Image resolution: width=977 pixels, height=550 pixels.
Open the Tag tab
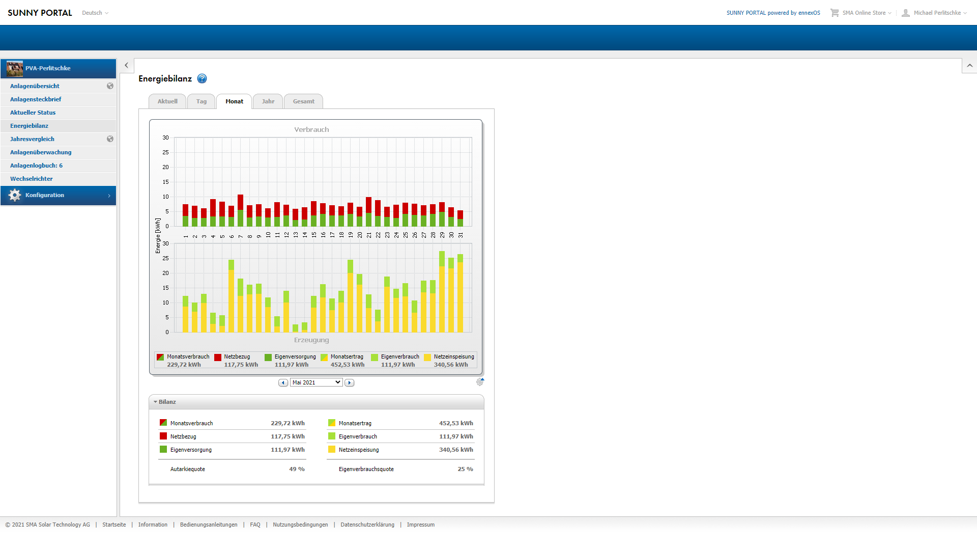(202, 101)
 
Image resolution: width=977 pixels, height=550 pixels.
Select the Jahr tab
(268, 101)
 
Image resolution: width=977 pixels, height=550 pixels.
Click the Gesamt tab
(304, 101)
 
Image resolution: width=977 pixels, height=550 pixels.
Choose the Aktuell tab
(167, 101)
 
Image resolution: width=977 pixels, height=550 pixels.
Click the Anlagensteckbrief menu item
(36, 99)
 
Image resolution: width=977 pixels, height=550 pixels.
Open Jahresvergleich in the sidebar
(32, 139)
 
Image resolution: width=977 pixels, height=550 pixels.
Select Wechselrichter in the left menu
(32, 179)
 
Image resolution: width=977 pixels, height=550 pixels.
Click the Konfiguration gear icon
(15, 195)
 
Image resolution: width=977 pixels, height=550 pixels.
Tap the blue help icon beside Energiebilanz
(202, 78)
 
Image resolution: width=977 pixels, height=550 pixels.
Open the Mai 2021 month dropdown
(316, 382)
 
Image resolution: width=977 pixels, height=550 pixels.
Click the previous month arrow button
(283, 382)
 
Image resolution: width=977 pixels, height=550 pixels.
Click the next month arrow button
(350, 382)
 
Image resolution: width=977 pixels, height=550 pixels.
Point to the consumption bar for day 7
(241, 210)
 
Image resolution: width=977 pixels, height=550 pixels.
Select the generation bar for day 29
(442, 291)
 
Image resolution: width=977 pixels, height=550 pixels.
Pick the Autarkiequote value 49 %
(297, 469)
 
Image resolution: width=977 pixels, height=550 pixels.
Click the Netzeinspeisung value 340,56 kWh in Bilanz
(456, 450)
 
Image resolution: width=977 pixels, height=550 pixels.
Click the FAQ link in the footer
(255, 525)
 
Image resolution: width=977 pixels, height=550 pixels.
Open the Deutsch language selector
(95, 13)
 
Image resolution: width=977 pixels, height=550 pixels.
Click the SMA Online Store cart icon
(835, 13)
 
